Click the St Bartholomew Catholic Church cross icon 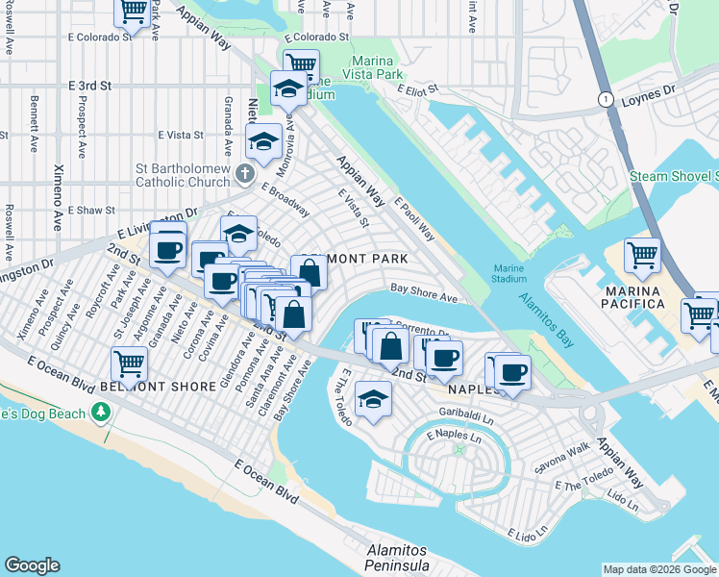[245, 174]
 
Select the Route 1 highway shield [605, 99]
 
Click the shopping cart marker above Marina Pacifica [642, 256]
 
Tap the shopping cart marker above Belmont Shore [129, 364]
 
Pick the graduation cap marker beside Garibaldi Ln [373, 399]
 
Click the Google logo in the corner [32, 565]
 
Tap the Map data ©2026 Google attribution [659, 569]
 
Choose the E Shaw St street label [92, 210]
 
